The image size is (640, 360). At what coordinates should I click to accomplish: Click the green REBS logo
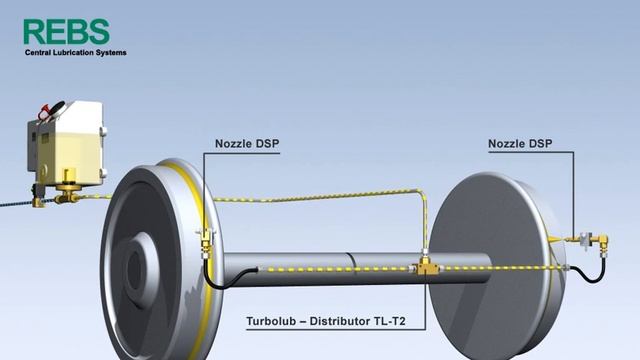click(67, 31)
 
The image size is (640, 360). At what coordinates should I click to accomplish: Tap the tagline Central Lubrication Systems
click(76, 53)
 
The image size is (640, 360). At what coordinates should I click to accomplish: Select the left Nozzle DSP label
click(247, 144)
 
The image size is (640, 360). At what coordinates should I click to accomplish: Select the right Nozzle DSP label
click(520, 144)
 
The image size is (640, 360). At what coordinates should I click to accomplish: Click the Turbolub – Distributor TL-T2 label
click(326, 321)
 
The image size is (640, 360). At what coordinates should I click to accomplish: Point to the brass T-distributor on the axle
click(424, 267)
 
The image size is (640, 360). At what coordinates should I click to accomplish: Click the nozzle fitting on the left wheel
click(207, 243)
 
